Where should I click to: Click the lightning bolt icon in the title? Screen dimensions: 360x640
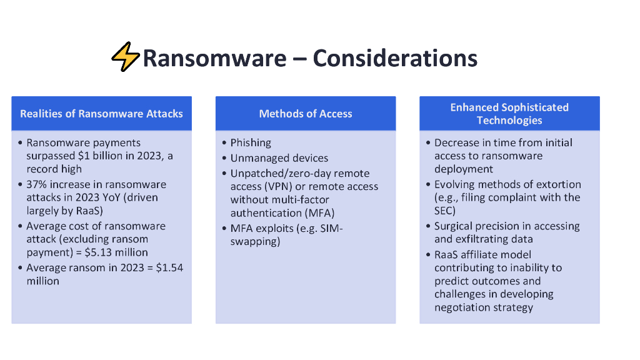point(126,57)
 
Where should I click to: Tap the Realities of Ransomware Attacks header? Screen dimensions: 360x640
point(101,113)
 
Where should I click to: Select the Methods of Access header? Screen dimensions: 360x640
point(306,113)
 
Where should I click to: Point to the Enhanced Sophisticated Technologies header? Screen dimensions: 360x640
point(509,113)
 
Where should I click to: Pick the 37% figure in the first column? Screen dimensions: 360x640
point(36,184)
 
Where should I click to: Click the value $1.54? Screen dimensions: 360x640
point(168,267)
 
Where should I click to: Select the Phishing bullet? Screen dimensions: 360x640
point(251,142)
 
